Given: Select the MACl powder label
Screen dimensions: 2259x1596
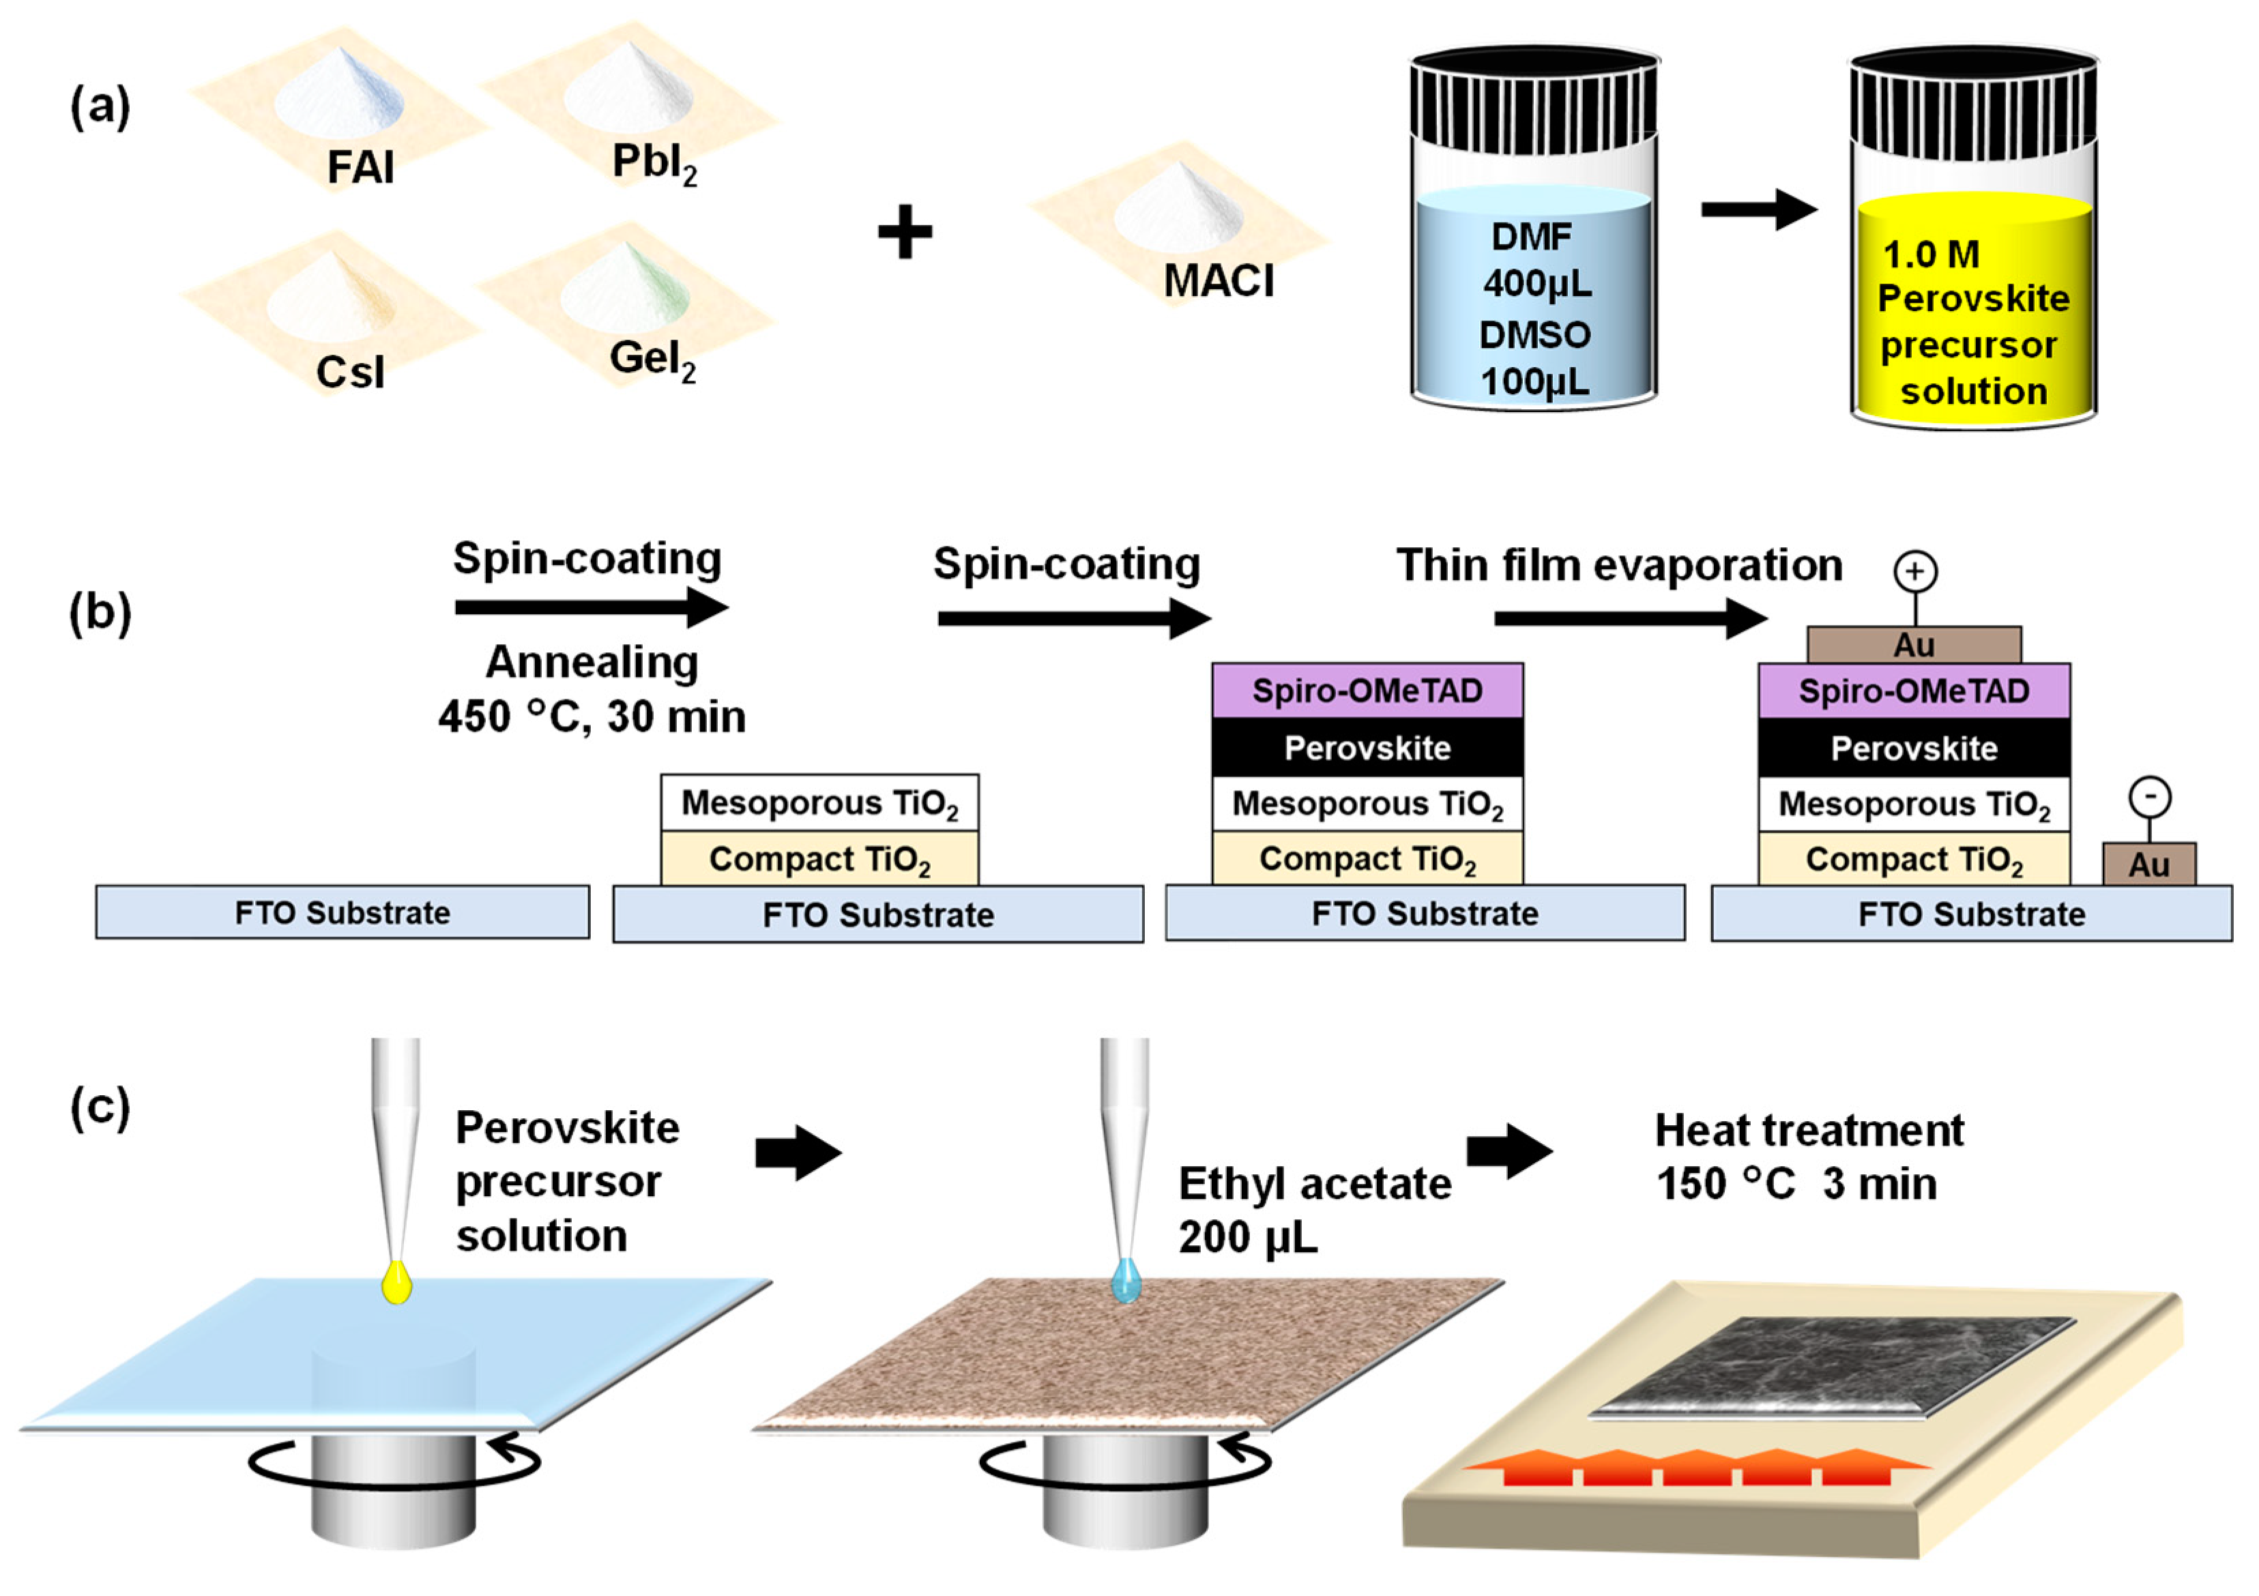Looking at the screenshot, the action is pos(1218,280).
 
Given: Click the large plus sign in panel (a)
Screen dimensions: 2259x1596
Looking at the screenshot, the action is pos(904,232).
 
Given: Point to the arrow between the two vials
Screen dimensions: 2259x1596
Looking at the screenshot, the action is pos(1759,209).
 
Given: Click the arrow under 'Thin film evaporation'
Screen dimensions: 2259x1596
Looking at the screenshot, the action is pos(1631,618).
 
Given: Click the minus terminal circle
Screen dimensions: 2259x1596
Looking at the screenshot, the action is pos(2150,796).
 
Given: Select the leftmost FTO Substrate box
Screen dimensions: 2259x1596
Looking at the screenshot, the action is pos(343,912).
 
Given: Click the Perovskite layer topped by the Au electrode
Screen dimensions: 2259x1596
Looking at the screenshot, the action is pos(1914,748).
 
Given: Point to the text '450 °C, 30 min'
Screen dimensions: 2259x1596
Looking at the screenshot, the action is pos(592,716).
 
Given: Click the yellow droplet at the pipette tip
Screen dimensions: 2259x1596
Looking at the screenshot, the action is pos(396,1282).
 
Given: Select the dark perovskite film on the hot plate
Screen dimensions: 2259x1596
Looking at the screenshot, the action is pos(1832,1367).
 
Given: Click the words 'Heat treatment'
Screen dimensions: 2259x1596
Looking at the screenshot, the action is pos(1809,1131).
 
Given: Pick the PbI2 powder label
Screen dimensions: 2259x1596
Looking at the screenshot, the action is pos(654,163).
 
